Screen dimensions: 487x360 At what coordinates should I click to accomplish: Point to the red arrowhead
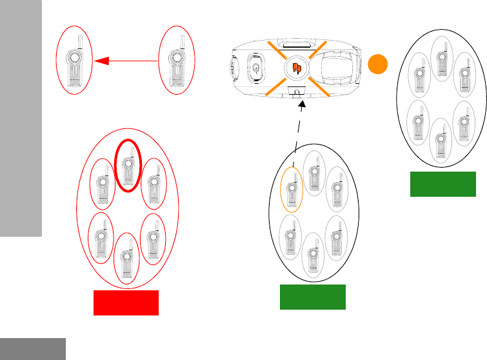click(100, 61)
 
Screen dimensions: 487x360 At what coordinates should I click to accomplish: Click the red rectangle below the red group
click(126, 303)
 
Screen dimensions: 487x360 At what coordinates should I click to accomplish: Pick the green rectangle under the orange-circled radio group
click(313, 297)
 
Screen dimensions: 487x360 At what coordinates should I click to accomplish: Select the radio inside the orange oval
click(292, 190)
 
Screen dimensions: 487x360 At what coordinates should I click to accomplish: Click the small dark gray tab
click(33, 348)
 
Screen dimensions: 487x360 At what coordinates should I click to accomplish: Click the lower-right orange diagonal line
click(321, 88)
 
